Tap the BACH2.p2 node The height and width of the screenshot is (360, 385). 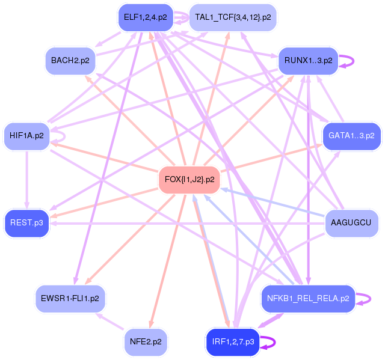coord(70,61)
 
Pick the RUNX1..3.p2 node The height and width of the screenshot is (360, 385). coord(308,61)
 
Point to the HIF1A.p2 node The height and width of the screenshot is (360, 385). coord(26,136)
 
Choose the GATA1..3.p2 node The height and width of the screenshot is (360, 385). coord(352,136)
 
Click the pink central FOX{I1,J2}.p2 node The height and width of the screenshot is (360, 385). coord(189,179)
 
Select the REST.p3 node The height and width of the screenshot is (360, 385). coord(26,223)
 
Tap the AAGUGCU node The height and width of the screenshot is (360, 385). coord(351,223)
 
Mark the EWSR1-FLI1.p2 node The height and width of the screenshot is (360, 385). coord(70,297)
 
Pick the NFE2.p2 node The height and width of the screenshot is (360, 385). coord(145,341)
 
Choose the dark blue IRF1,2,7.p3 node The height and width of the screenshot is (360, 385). coord(233,341)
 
